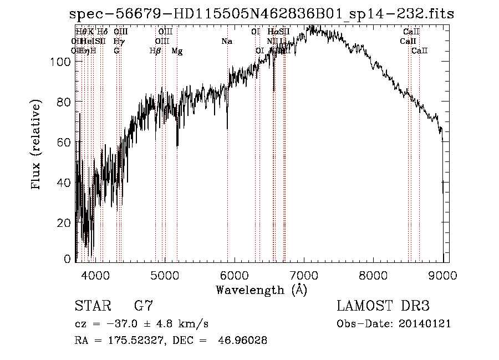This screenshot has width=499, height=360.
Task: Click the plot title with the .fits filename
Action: tap(262, 14)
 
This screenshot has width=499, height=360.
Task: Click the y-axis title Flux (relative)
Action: tap(37, 145)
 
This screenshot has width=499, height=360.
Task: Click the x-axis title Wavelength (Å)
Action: tap(261, 290)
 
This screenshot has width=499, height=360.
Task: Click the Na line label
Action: tap(226, 42)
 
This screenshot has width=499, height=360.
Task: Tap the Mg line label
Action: tap(177, 51)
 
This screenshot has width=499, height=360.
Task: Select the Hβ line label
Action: tap(155, 51)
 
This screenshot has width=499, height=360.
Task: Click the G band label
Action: tap(116, 51)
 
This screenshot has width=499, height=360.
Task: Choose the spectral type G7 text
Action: tap(144, 306)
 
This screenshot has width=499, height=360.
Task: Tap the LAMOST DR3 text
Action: tap(383, 306)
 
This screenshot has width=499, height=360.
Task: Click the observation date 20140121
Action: tap(427, 323)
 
